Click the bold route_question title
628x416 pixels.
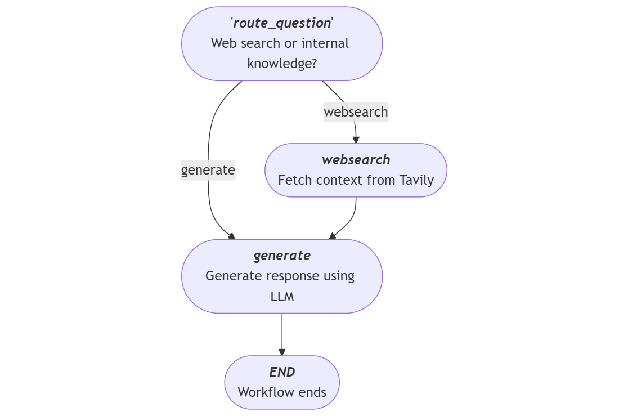[x=282, y=23]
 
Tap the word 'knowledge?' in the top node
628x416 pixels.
[x=282, y=64]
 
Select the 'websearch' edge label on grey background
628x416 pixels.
[x=356, y=112]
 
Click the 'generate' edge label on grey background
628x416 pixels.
[x=208, y=169]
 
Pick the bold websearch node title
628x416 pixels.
[x=356, y=160]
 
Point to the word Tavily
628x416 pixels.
[x=416, y=180]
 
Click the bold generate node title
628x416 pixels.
[x=282, y=256]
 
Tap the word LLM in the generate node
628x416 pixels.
[x=282, y=296]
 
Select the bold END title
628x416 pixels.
[x=282, y=372]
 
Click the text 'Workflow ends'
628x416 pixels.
[x=282, y=392]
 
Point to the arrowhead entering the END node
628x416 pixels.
[x=282, y=352]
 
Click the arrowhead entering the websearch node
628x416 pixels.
[x=356, y=140]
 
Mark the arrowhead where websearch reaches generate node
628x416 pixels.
[x=333, y=236]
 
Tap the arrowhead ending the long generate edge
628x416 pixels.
[x=231, y=236]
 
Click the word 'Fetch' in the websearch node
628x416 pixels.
[x=294, y=180]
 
